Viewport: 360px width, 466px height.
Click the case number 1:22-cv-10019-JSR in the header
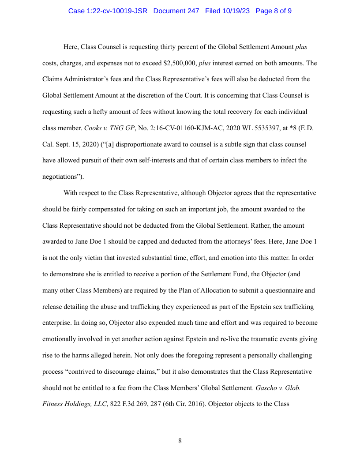point(108,11)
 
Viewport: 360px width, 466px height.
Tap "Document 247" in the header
point(176,11)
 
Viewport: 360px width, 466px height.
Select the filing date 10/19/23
point(236,11)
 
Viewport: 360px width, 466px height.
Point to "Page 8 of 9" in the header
point(274,11)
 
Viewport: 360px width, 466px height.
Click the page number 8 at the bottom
point(180,440)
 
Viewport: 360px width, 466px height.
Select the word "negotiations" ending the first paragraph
point(60,176)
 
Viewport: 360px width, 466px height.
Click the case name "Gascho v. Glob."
point(278,388)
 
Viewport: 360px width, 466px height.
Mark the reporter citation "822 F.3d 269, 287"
point(138,404)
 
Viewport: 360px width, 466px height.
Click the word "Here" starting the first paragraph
point(71,47)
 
